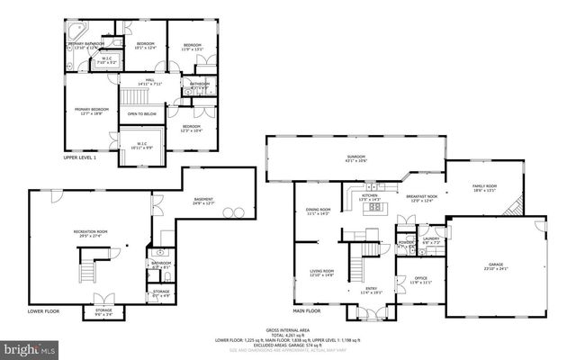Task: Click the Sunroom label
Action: click(x=356, y=158)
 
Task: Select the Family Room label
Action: click(x=485, y=188)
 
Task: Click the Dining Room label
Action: click(x=319, y=212)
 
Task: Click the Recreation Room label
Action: click(x=91, y=233)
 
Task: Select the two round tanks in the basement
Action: click(x=236, y=212)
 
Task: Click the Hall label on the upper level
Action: click(x=151, y=82)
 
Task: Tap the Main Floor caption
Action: click(x=306, y=311)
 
